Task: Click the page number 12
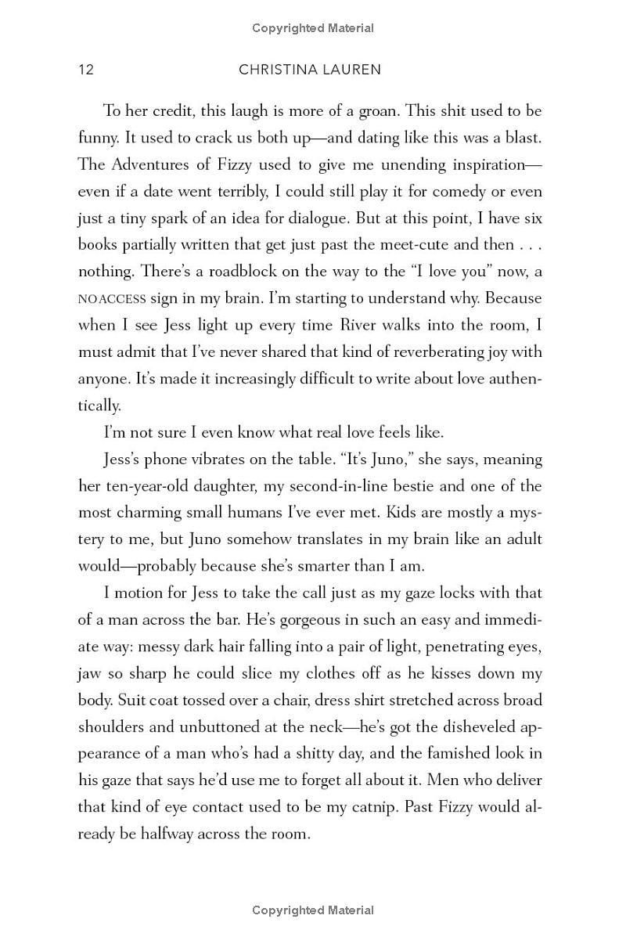[x=86, y=70]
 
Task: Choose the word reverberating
[x=397, y=351]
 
